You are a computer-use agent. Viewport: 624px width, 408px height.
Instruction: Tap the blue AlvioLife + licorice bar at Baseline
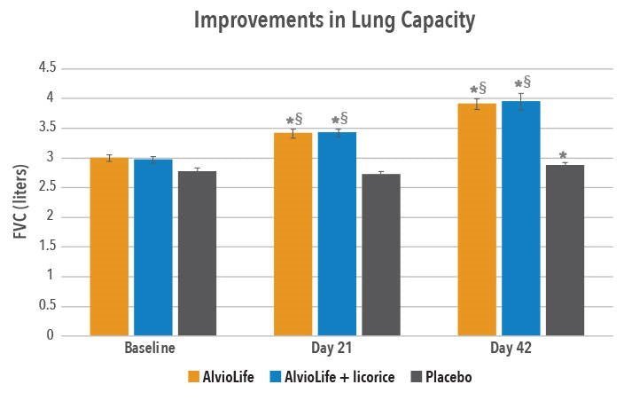click(152, 247)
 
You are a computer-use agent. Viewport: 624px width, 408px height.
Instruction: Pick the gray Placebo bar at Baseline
click(197, 254)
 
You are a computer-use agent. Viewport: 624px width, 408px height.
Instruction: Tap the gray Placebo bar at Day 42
click(565, 250)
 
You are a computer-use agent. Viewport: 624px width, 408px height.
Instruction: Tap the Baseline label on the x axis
click(149, 349)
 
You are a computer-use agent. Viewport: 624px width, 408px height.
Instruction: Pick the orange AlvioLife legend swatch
click(193, 377)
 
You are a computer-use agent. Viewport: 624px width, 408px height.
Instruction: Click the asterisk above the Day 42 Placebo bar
click(564, 155)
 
